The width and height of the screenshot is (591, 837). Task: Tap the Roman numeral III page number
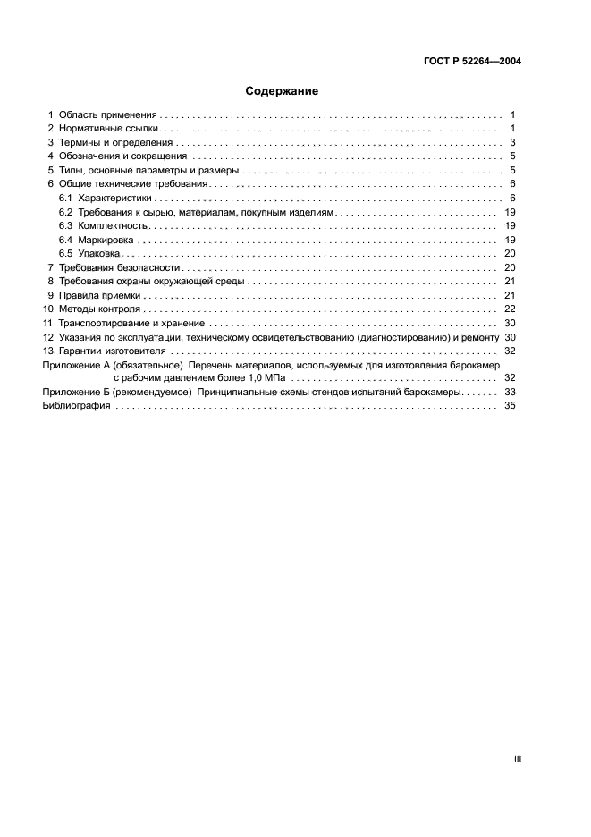(517, 758)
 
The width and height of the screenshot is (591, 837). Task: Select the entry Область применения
(108, 114)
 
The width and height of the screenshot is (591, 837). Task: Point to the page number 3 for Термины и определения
(512, 143)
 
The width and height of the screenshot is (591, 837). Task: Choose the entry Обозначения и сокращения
(122, 156)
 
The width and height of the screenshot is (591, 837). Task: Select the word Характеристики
(115, 198)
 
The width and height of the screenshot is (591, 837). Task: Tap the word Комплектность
(112, 225)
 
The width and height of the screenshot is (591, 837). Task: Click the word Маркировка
(106, 240)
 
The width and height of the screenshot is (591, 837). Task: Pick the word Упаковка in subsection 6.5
(100, 253)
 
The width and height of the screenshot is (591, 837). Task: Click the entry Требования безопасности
(120, 267)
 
